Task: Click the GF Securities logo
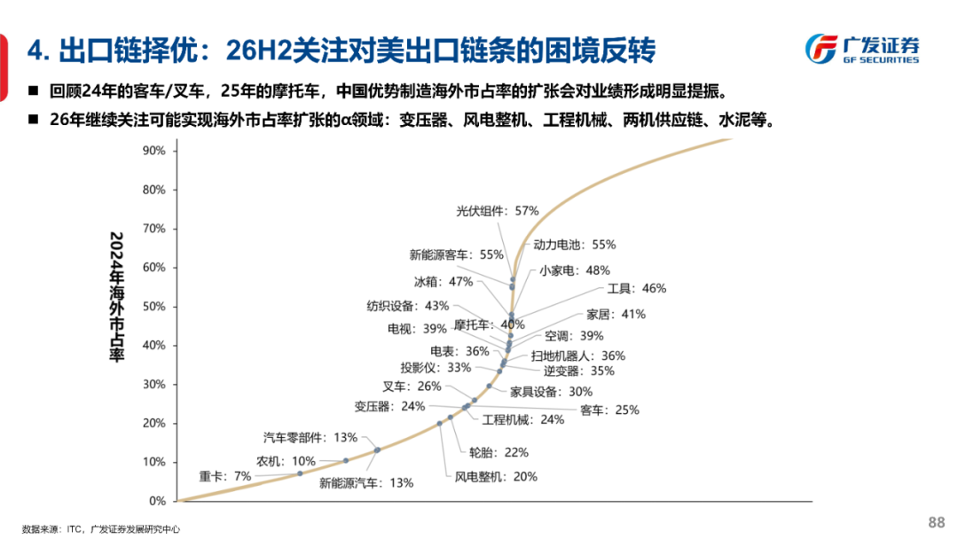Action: [861, 50]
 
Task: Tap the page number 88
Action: [936, 521]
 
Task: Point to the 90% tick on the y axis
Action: [153, 151]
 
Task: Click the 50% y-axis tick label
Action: [153, 307]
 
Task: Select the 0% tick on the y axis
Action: [157, 501]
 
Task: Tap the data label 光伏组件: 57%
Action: [497, 211]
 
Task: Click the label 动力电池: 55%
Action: [574, 244]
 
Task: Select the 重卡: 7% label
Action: [225, 476]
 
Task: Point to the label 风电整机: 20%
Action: [496, 476]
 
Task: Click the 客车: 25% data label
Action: [609, 410]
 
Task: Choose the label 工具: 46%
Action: [636, 288]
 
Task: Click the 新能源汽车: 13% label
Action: [366, 483]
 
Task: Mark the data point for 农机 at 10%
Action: [346, 460]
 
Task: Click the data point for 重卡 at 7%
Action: [300, 473]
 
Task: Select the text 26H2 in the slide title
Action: [256, 51]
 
